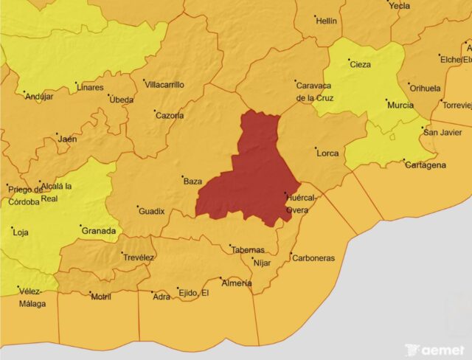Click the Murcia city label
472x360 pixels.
pos(400,105)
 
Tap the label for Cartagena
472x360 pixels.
pos(426,165)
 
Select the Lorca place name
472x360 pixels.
pos(327,153)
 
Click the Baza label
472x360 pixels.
pos(192,181)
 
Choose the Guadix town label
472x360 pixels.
pos(151,211)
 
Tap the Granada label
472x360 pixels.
pos(98,230)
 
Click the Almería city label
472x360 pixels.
pos(237,283)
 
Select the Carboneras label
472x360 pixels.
pos(313,258)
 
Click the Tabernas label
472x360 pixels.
pos(248,250)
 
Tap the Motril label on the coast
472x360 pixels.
pos(101,297)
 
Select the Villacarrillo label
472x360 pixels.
pos(164,85)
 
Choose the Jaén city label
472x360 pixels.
pos(67,139)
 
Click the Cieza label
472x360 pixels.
pos(361,64)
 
